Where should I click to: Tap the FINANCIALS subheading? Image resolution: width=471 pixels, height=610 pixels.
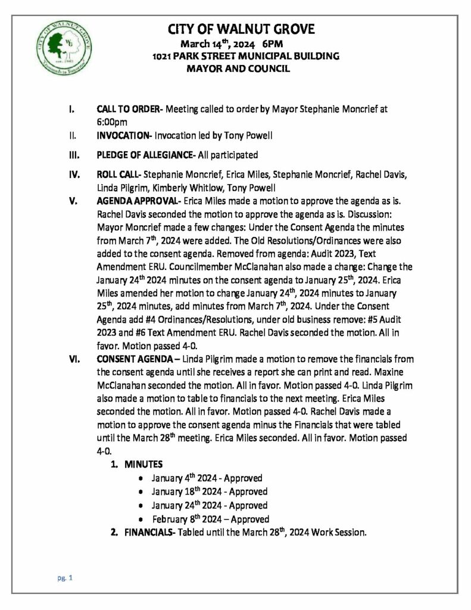148,532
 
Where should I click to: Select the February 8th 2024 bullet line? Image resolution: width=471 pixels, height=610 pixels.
210,519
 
